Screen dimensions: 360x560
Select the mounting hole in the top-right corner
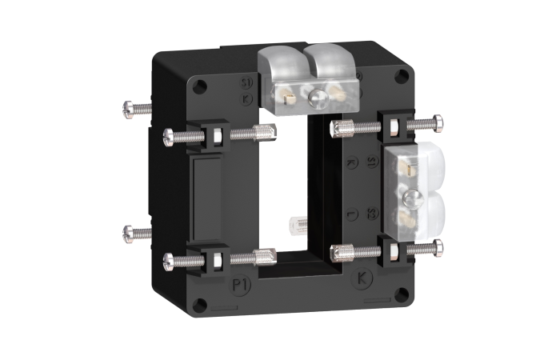(401, 77)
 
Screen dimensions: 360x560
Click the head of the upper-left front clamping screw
(169, 135)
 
